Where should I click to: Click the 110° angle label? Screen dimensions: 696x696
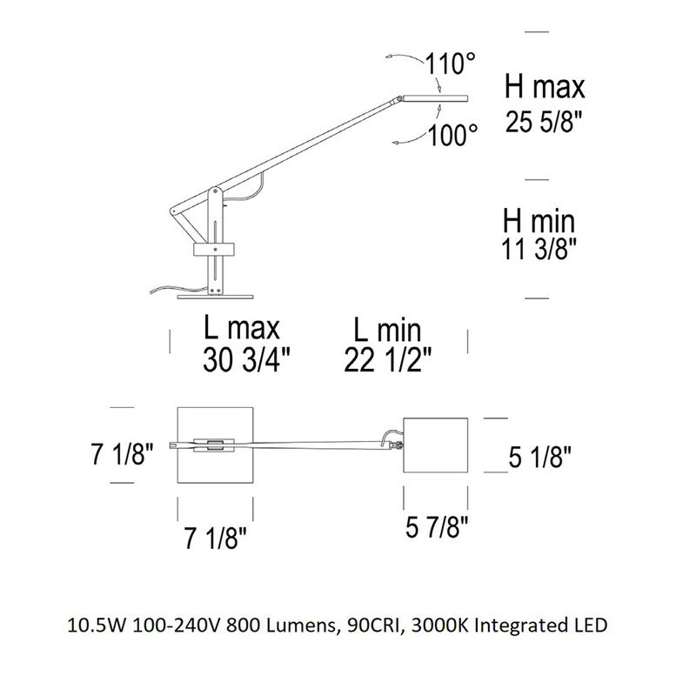point(450,64)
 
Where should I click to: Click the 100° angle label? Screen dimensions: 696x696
point(452,135)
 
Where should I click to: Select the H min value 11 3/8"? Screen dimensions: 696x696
point(539,248)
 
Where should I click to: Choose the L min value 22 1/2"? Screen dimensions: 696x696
point(387,360)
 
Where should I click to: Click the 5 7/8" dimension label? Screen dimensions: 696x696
point(437,527)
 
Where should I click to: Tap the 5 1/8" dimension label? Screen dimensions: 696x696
point(539,457)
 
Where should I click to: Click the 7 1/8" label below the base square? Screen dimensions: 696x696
point(215,538)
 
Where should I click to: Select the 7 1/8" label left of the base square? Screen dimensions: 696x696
point(122,453)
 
